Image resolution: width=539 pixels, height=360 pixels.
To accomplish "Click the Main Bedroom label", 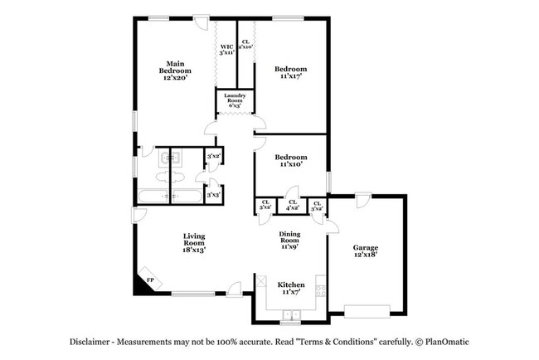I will pos(175,71).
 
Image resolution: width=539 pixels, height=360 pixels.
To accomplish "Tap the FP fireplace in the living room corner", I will pos(149,281).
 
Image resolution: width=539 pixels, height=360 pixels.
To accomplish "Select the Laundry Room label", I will pos(235,101).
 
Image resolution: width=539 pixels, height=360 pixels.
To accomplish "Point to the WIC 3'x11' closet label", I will pos(226,48).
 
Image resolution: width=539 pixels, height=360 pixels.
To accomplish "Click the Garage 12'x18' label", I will pos(365,251).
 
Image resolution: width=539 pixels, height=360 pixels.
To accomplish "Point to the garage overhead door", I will pos(367,312).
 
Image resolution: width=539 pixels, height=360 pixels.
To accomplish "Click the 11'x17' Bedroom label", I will pos(291,73).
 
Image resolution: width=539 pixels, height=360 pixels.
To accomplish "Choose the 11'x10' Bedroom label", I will pos(291,161).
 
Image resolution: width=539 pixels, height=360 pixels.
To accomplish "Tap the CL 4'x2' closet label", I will pos(291,205).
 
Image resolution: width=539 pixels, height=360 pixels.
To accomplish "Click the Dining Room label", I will pos(289,240).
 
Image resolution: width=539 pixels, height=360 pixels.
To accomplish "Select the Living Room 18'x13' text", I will pos(194,242).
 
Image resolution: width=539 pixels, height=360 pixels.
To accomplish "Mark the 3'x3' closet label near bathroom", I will pos(213,195).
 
